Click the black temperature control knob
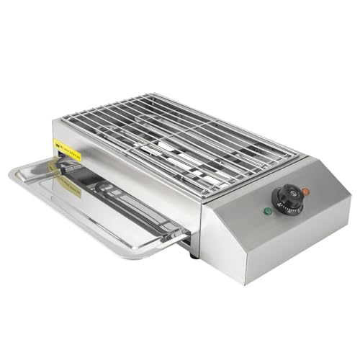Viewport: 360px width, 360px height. point(288,197)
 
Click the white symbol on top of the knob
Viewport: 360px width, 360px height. point(287,193)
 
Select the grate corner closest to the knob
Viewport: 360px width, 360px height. point(298,153)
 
